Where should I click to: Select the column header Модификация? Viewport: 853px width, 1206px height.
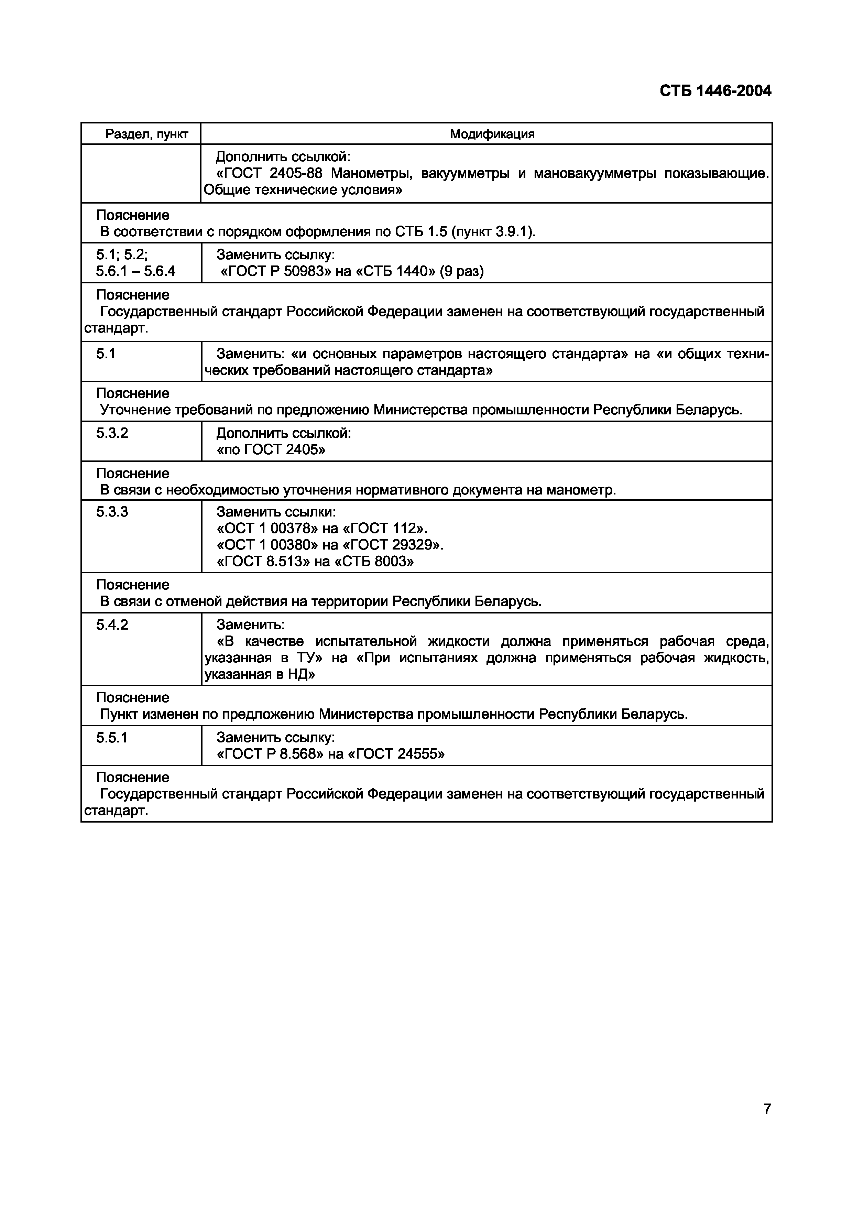tap(492, 134)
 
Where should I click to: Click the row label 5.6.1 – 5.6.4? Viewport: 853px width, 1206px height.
tap(135, 271)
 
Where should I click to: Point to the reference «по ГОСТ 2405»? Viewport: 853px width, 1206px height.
tap(271, 449)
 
